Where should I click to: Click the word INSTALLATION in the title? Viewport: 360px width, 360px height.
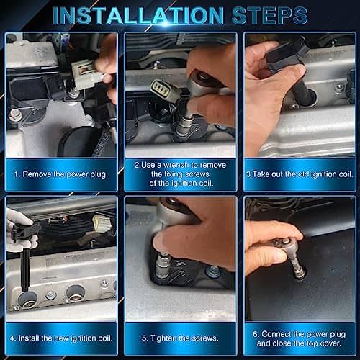click(138, 16)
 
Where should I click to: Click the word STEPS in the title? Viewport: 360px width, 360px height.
click(269, 16)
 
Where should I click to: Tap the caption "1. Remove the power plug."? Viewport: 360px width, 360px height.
click(60, 174)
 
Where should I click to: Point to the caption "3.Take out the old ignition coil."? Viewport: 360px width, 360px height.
click(300, 174)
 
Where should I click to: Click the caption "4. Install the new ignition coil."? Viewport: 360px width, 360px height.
click(61, 338)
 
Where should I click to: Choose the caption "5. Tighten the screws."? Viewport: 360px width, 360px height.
click(180, 338)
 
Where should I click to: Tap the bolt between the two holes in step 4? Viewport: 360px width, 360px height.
click(51, 295)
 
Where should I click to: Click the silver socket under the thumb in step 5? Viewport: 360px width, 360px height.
click(162, 265)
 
